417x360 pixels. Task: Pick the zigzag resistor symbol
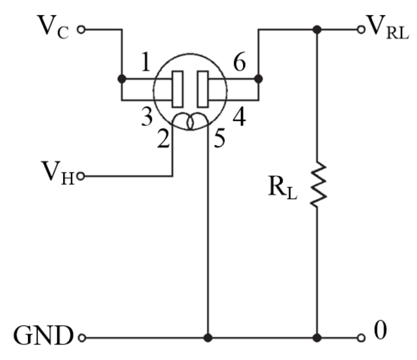[317, 185]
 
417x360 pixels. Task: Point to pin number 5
[219, 139]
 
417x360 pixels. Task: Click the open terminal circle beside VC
[81, 30]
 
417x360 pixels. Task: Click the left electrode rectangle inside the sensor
[177, 89]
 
